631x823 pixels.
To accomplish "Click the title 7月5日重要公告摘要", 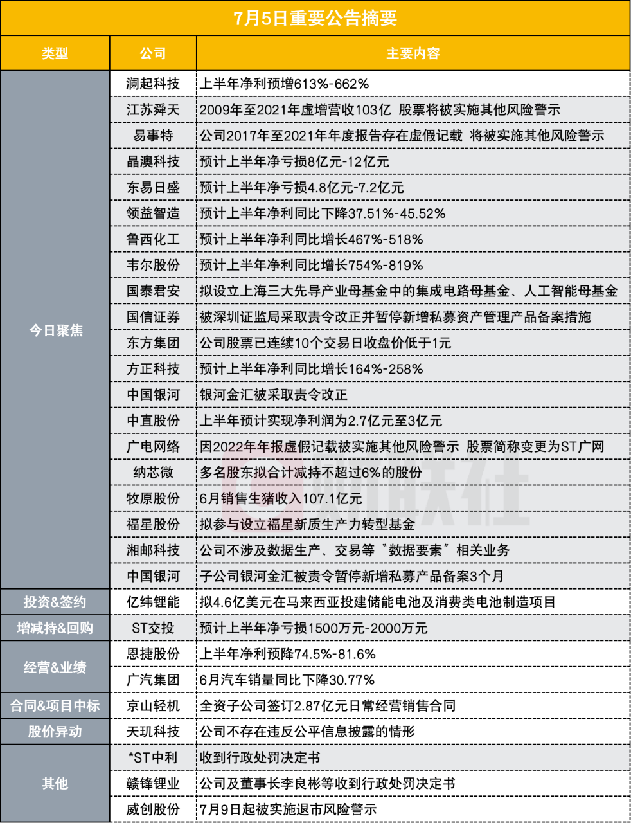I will [315, 18].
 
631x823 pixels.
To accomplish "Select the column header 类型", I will [55, 53].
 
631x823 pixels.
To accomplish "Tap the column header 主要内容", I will [413, 53].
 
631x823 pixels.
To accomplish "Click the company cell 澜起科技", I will [153, 84].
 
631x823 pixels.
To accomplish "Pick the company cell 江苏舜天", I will [153, 110].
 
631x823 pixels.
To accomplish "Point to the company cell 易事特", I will [153, 136].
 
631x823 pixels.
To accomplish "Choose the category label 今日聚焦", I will [56, 330].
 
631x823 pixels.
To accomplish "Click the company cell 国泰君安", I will [153, 291].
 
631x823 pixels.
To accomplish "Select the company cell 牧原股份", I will [153, 498].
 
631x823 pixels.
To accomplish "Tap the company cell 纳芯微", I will [153, 473].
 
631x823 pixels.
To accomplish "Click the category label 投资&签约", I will [55, 602].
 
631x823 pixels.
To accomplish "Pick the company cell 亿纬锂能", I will [153, 602].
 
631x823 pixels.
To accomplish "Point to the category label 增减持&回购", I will [55, 628].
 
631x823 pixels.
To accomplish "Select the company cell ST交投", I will [153, 628].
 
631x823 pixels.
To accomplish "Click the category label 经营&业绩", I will [55, 667].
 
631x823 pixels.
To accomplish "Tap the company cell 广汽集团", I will [153, 680].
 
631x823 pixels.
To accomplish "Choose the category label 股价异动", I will [55, 732].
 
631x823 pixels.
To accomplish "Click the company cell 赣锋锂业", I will [153, 784].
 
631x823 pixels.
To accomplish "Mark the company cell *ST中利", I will [153, 758].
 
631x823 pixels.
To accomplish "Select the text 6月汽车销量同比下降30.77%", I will [287, 680].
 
